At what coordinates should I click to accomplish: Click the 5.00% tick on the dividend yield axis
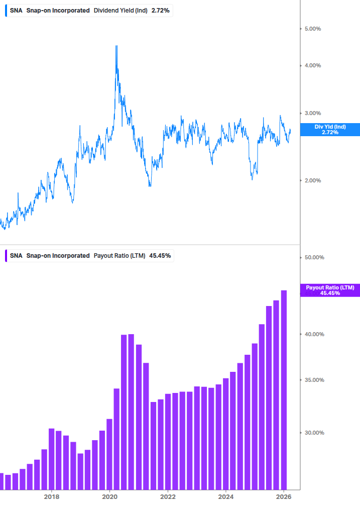(x=313, y=29)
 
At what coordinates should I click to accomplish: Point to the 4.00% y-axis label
(x=313, y=65)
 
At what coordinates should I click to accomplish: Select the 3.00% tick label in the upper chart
(x=313, y=113)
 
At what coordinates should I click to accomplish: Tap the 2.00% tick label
(x=313, y=180)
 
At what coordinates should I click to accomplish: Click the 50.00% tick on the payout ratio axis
(x=314, y=257)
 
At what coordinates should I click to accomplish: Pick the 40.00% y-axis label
(x=314, y=334)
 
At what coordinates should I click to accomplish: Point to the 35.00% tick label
(x=314, y=380)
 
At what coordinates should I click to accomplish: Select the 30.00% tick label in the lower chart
(x=314, y=433)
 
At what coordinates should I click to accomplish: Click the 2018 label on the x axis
(x=51, y=496)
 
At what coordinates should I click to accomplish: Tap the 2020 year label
(x=109, y=496)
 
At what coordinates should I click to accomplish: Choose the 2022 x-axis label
(x=168, y=496)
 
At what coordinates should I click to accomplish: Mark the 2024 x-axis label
(x=226, y=496)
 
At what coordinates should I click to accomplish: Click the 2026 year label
(x=284, y=496)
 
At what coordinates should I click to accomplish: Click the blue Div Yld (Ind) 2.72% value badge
(x=330, y=129)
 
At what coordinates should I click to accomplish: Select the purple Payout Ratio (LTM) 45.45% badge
(x=330, y=290)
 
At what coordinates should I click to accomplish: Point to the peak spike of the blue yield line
(x=116, y=47)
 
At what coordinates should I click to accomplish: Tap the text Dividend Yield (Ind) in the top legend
(x=121, y=10)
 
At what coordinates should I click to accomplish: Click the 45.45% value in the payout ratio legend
(x=160, y=255)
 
